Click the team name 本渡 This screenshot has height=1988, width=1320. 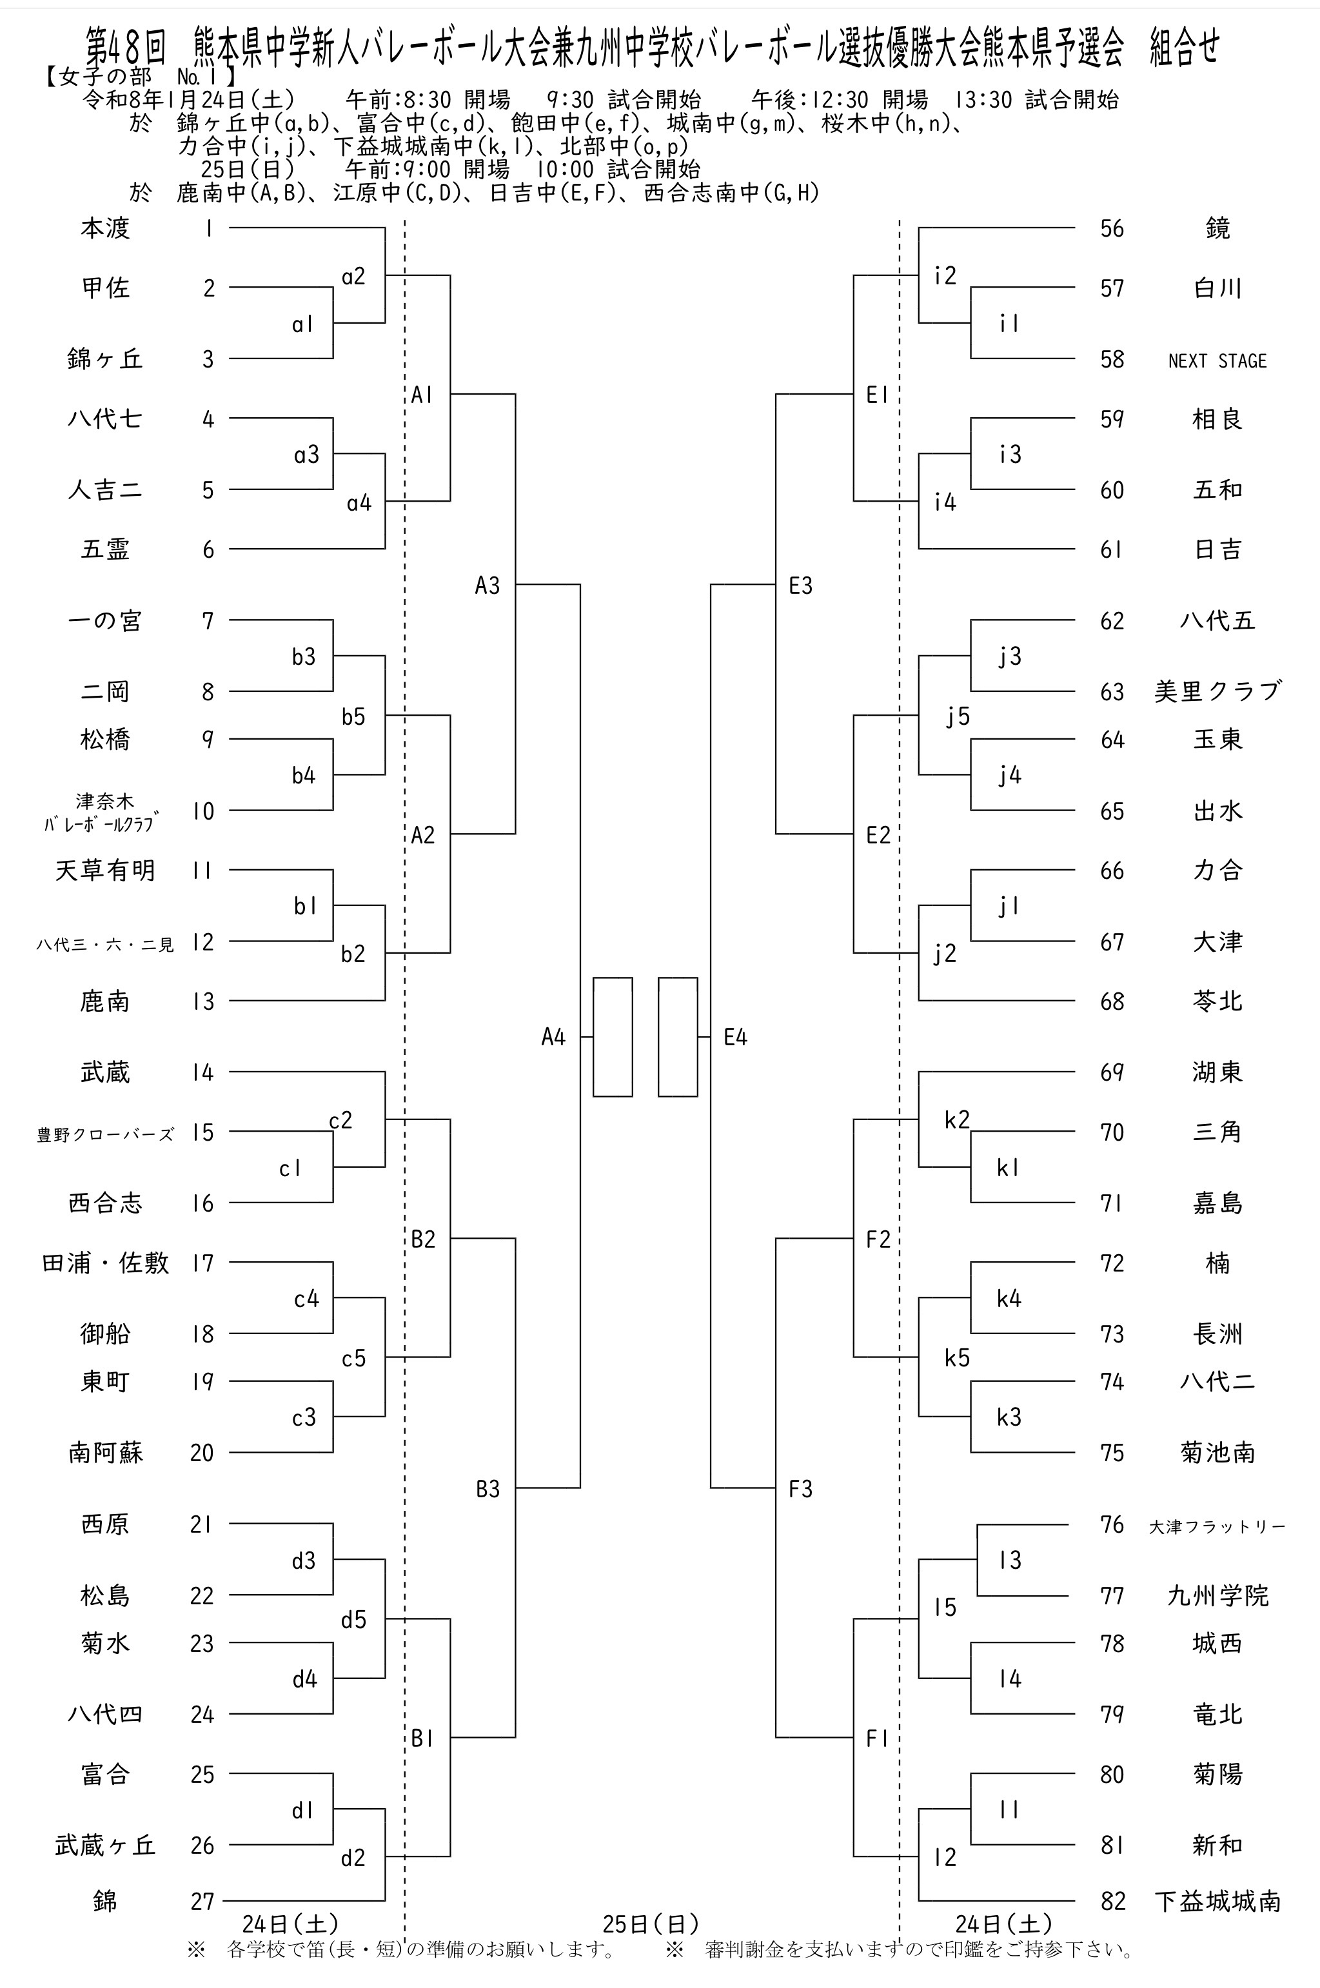[105, 228]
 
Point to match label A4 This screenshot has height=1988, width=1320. [553, 1037]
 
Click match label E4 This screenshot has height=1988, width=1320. [735, 1037]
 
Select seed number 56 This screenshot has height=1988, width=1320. [1112, 228]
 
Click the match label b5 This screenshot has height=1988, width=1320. [353, 716]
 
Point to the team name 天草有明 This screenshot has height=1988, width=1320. [105, 871]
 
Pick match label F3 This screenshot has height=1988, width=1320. [801, 1489]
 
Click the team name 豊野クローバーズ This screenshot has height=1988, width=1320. [105, 1134]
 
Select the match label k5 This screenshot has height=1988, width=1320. [957, 1357]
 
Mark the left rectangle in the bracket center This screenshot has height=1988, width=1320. [612, 1037]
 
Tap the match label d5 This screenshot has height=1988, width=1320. [353, 1619]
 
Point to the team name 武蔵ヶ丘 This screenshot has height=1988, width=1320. [105, 1845]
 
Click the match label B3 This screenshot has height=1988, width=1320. [488, 1489]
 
